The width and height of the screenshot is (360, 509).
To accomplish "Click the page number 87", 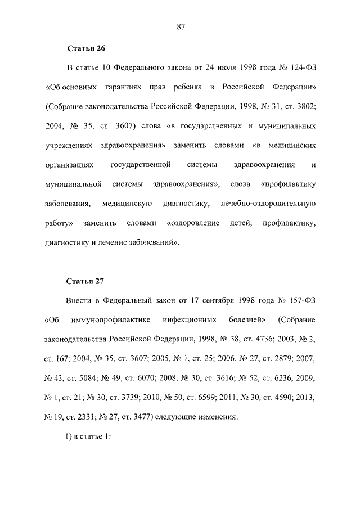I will pos(181,26).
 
